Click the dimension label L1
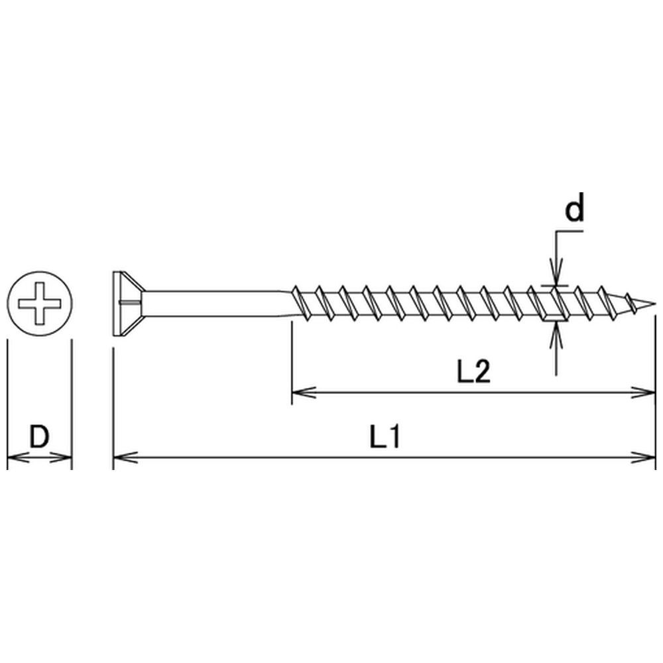click(x=385, y=437)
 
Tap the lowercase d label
click(x=575, y=207)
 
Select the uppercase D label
click(x=39, y=437)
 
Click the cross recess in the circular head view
click(x=39, y=304)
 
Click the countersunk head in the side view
click(x=128, y=304)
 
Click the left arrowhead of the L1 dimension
click(x=125, y=457)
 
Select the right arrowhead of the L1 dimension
click(x=643, y=457)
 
